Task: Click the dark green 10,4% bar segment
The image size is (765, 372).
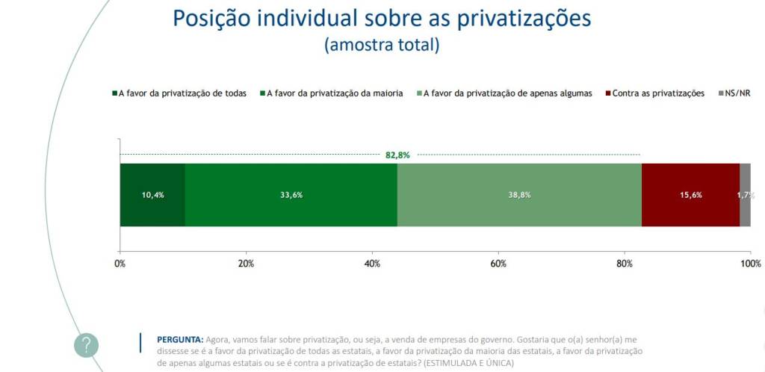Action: (152, 195)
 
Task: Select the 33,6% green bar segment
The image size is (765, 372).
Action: (291, 195)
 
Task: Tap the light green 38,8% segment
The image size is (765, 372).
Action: (519, 195)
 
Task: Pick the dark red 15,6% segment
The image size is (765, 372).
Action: (690, 195)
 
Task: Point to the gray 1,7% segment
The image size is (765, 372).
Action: (745, 195)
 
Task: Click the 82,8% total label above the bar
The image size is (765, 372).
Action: (397, 155)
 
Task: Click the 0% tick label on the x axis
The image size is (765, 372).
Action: (120, 264)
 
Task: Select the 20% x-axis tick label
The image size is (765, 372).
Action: (246, 264)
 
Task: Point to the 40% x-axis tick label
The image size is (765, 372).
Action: (372, 264)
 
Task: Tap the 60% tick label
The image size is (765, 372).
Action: (498, 264)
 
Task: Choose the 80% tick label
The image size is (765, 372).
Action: (625, 264)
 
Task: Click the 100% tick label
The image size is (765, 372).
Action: (750, 264)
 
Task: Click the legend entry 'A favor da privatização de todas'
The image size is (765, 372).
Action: (179, 93)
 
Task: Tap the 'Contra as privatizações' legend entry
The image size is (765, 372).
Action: (654, 93)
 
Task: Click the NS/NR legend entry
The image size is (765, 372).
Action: (734, 93)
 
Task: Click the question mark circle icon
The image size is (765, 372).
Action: (87, 345)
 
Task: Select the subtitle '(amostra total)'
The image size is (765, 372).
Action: (382, 45)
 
